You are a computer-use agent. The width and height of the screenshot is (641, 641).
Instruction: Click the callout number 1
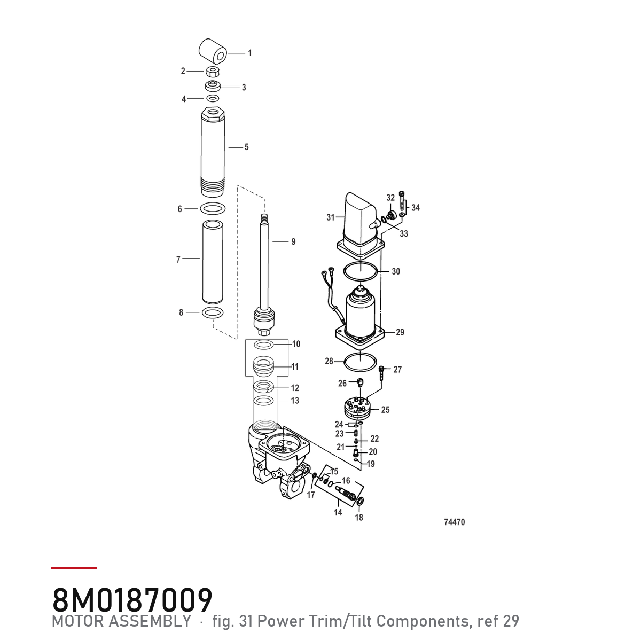coord(250,53)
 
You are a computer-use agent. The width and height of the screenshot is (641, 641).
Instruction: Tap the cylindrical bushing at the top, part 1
coord(213,51)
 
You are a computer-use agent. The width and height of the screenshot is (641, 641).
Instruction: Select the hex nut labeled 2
coord(212,72)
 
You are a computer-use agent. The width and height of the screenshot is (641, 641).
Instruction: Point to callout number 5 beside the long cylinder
coord(246,147)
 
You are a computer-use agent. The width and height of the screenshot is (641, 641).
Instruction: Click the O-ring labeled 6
coord(213,208)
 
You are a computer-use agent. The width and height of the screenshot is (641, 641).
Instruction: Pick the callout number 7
coord(178,260)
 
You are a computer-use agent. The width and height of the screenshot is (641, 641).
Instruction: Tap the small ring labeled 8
coord(213,312)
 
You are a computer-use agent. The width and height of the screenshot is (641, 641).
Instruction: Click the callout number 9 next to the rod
coord(293,242)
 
